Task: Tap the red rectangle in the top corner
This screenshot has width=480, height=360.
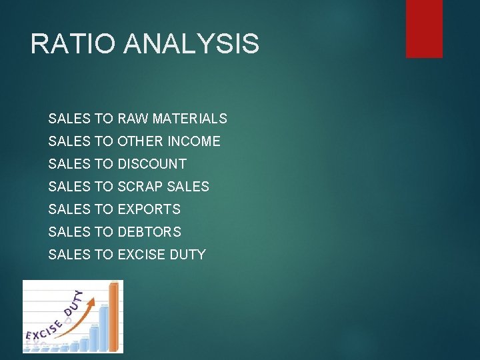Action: (x=424, y=28)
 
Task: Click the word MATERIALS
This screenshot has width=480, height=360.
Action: (x=189, y=119)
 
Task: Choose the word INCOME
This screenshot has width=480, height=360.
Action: (x=194, y=141)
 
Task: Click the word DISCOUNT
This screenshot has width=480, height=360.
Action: (x=151, y=164)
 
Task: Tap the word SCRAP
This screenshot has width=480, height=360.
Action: (x=139, y=187)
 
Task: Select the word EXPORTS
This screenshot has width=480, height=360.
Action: (x=149, y=209)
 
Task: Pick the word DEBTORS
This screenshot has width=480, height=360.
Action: (x=149, y=232)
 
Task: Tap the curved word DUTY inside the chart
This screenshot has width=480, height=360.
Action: (x=72, y=304)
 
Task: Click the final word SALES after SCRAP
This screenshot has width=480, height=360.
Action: (x=191, y=187)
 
